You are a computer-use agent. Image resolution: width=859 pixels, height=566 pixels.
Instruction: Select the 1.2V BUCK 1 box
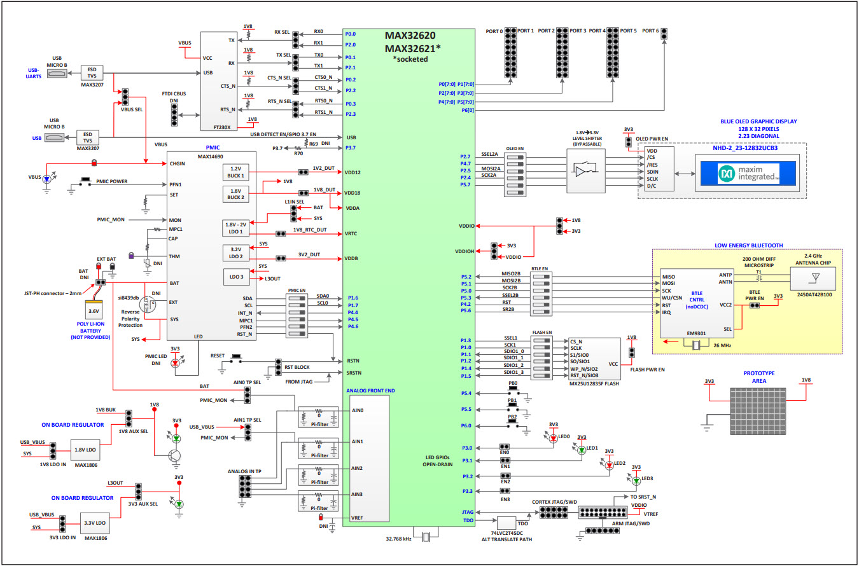235,172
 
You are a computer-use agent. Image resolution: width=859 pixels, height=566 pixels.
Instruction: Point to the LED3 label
647,478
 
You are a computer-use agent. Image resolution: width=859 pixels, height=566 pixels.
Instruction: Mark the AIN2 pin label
358,468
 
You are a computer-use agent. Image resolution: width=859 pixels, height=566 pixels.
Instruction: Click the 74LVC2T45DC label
507,532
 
